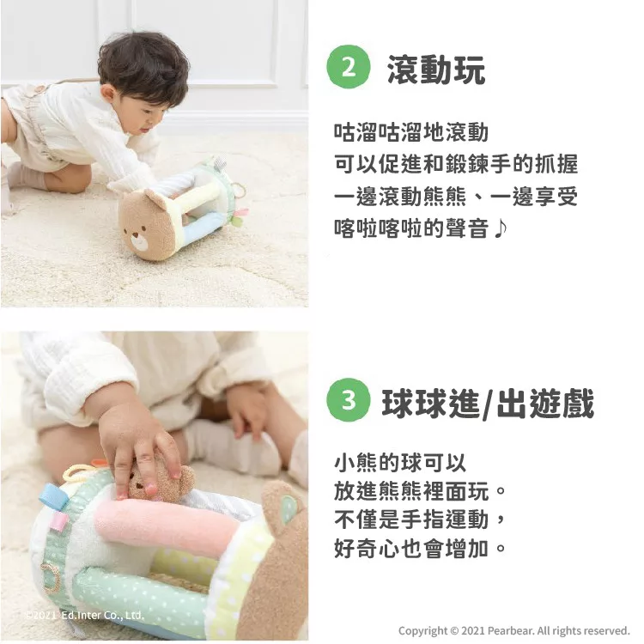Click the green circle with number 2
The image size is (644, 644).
point(349,66)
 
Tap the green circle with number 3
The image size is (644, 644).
point(349,400)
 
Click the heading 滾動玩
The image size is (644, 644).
point(436,70)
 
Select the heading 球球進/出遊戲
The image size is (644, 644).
point(488,404)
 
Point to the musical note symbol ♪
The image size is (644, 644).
point(500,228)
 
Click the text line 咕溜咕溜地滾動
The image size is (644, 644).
point(411,132)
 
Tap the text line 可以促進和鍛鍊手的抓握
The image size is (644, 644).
point(456,164)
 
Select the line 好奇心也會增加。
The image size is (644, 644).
point(420,549)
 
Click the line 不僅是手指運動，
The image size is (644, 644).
point(420,519)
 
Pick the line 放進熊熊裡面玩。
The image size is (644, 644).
point(420,490)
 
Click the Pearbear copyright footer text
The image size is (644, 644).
point(513,630)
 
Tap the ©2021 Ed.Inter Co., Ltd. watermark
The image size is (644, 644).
point(84,616)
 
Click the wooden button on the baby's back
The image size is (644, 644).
point(39,89)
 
